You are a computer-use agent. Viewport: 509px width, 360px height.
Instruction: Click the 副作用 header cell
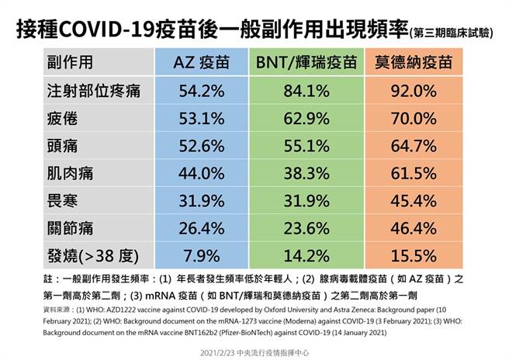coord(70,61)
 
